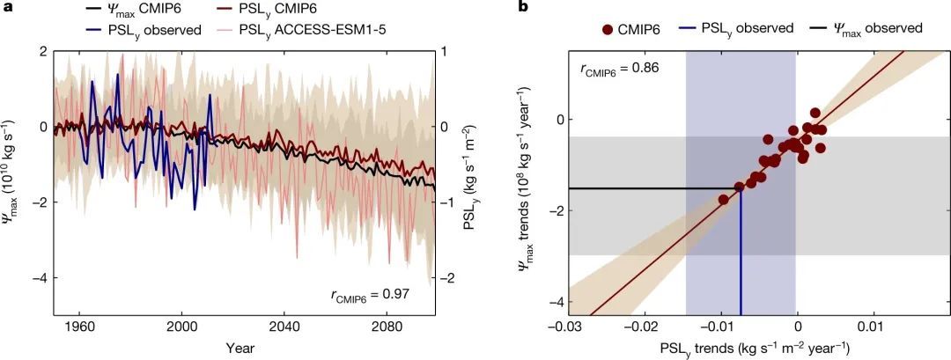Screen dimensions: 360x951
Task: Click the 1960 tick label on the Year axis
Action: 80,323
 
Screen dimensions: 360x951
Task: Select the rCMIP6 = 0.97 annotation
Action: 368,295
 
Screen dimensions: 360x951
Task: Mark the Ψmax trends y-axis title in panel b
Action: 528,181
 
